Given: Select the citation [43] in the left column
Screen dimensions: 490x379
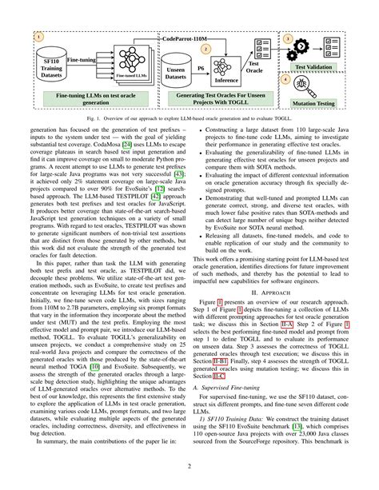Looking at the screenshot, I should [x=178, y=193].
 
